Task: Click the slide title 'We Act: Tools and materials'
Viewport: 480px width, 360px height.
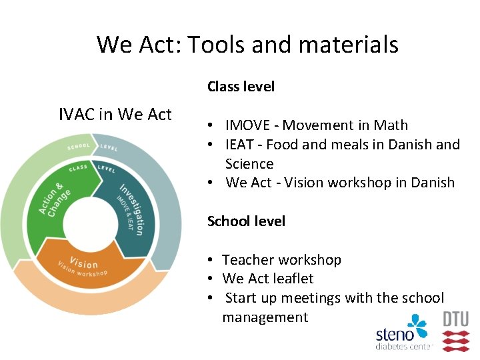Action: click(x=247, y=45)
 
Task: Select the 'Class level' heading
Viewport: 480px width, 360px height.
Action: click(x=241, y=87)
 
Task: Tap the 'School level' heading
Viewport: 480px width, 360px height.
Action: click(x=246, y=221)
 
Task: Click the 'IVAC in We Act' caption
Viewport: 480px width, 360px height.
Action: click(x=115, y=115)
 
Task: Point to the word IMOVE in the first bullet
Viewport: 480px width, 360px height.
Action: click(x=247, y=125)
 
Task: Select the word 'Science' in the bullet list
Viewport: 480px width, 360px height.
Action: click(x=249, y=164)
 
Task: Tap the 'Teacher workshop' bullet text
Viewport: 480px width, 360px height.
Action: click(x=281, y=260)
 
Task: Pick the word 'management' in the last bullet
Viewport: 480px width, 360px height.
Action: click(x=265, y=317)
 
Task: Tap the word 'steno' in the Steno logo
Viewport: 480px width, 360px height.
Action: click(x=395, y=335)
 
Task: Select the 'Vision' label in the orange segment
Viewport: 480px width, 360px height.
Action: click(x=83, y=264)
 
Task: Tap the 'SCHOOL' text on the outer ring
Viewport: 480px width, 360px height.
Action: click(x=79, y=146)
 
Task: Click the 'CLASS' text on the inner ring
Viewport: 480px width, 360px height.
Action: click(x=79, y=167)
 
